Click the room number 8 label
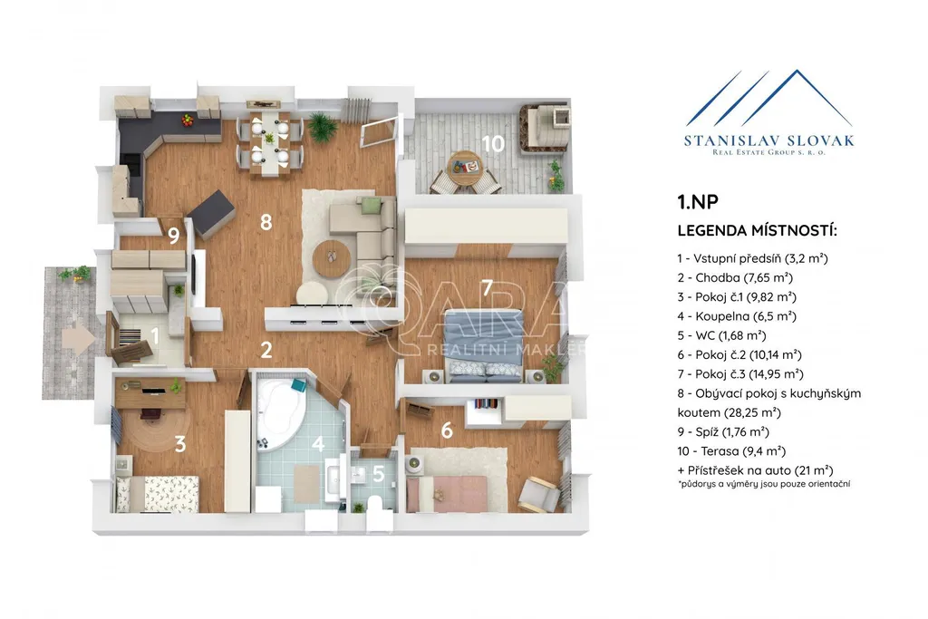(x=266, y=222)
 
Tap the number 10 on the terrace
(x=492, y=143)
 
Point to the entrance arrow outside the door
(x=78, y=338)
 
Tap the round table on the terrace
(x=465, y=168)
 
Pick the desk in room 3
(x=150, y=393)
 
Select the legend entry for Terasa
(x=731, y=451)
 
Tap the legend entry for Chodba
(x=735, y=277)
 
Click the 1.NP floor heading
(x=698, y=202)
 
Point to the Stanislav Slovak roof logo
(x=769, y=98)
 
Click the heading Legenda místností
(x=758, y=231)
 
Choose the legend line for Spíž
(x=723, y=432)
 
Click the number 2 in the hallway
(x=266, y=350)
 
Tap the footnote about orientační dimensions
(x=764, y=484)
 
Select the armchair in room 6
(x=538, y=494)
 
